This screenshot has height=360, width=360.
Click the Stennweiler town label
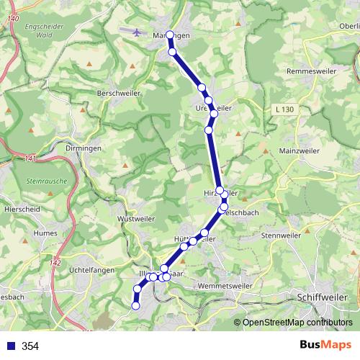[x=282, y=234]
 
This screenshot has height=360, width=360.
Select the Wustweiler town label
[x=136, y=217]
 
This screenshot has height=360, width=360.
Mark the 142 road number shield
[x=56, y=264]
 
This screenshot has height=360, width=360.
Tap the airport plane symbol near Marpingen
[x=138, y=31]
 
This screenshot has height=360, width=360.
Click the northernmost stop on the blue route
[x=170, y=35]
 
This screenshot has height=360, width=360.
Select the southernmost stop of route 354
[x=135, y=305]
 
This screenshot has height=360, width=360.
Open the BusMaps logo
[x=325, y=345]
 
